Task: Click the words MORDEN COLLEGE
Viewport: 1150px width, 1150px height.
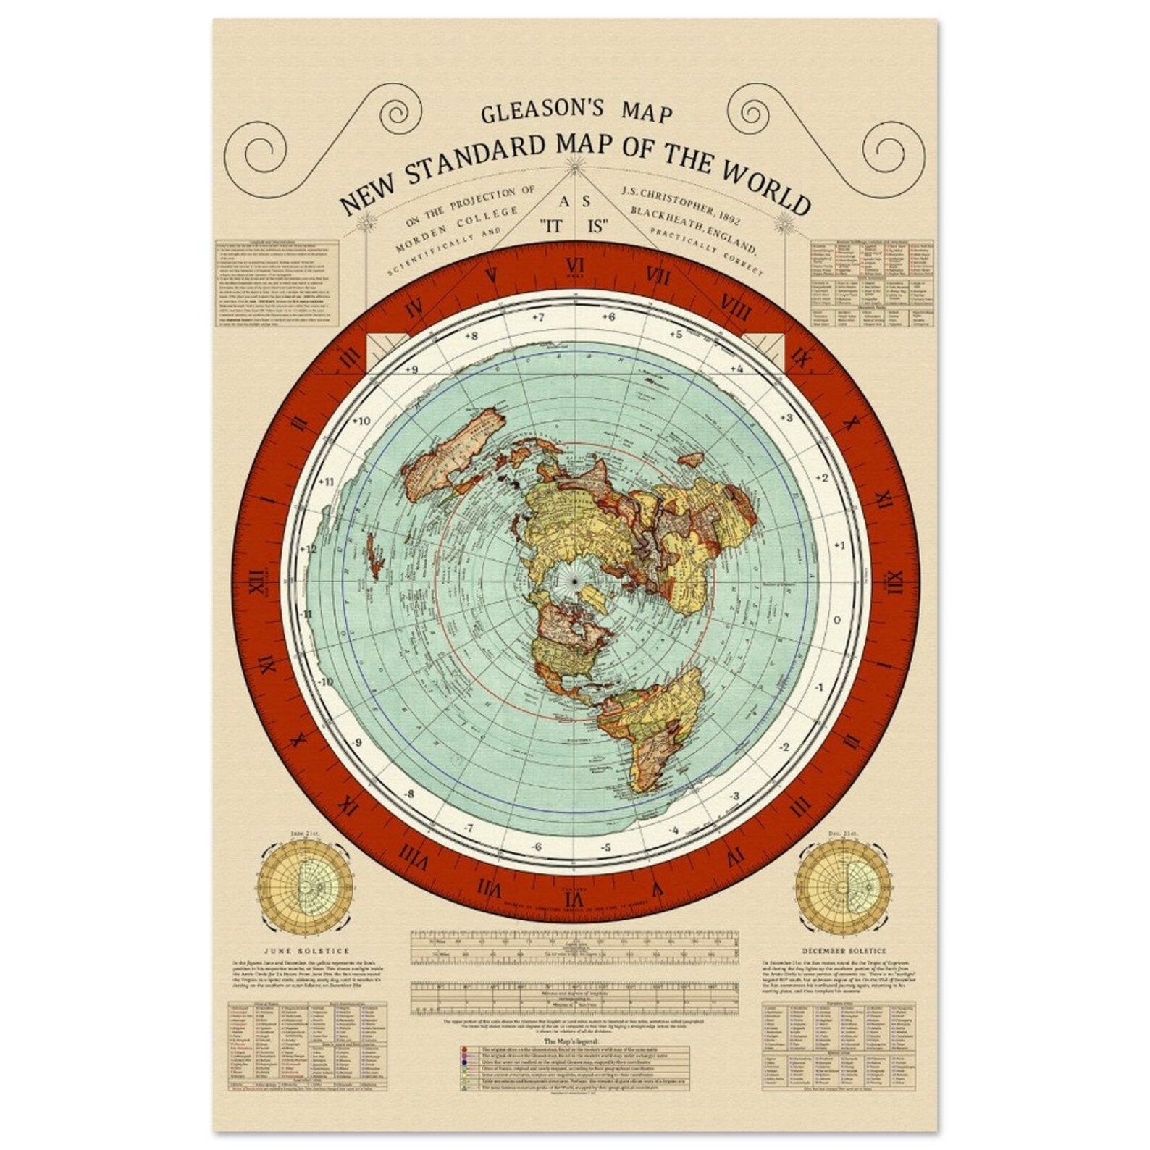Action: (457, 230)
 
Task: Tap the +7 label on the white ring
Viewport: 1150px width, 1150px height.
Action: (537, 317)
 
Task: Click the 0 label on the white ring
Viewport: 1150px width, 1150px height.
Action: (836, 620)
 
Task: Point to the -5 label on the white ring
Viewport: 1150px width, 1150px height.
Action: (605, 847)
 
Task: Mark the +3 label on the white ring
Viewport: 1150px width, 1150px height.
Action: (786, 418)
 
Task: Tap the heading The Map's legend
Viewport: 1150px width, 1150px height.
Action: (574, 1041)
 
